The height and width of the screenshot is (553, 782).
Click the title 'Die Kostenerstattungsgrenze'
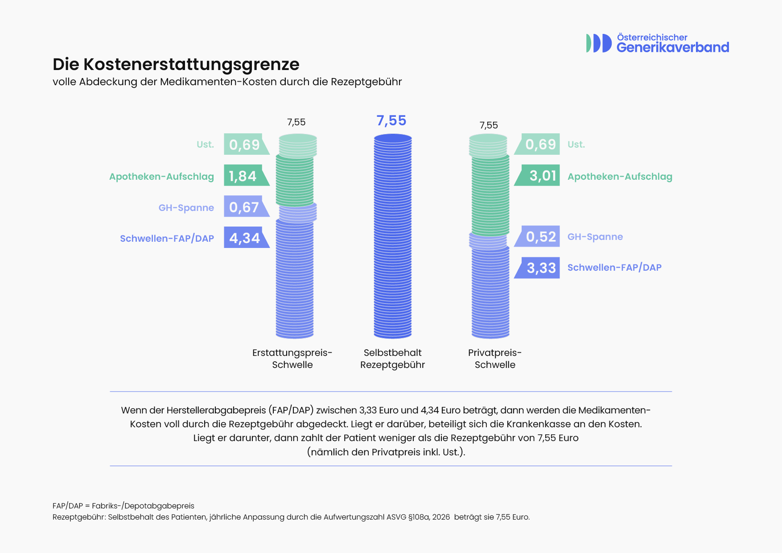pyautogui.click(x=176, y=65)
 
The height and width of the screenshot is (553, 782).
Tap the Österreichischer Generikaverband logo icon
pyautogui.click(x=599, y=43)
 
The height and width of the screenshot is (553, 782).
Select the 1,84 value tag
pyautogui.click(x=247, y=176)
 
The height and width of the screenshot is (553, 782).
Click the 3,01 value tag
pyautogui.click(x=537, y=176)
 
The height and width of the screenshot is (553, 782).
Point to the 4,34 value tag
pyautogui.click(x=247, y=238)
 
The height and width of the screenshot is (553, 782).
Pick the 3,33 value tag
pyautogui.click(x=537, y=268)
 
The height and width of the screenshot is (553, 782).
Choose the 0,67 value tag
pyautogui.click(x=247, y=206)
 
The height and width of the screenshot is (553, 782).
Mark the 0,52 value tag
pyautogui.click(x=537, y=236)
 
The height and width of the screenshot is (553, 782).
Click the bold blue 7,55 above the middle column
pyautogui.click(x=391, y=121)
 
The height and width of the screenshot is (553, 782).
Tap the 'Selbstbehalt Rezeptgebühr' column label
pyautogui.click(x=392, y=359)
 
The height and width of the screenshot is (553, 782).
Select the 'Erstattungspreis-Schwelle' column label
pyautogui.click(x=292, y=359)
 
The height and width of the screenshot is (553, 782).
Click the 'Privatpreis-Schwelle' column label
pyautogui.click(x=495, y=359)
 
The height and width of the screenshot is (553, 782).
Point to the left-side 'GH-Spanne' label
pyautogui.click(x=186, y=208)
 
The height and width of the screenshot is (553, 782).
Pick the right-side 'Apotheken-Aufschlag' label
pyautogui.click(x=620, y=177)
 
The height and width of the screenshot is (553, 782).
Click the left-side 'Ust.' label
pyautogui.click(x=205, y=144)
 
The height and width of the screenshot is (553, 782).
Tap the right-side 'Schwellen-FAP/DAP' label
pyautogui.click(x=614, y=268)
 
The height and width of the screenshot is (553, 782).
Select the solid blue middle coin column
pyautogui.click(x=393, y=236)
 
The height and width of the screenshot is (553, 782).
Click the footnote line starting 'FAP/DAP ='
pyautogui.click(x=123, y=506)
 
